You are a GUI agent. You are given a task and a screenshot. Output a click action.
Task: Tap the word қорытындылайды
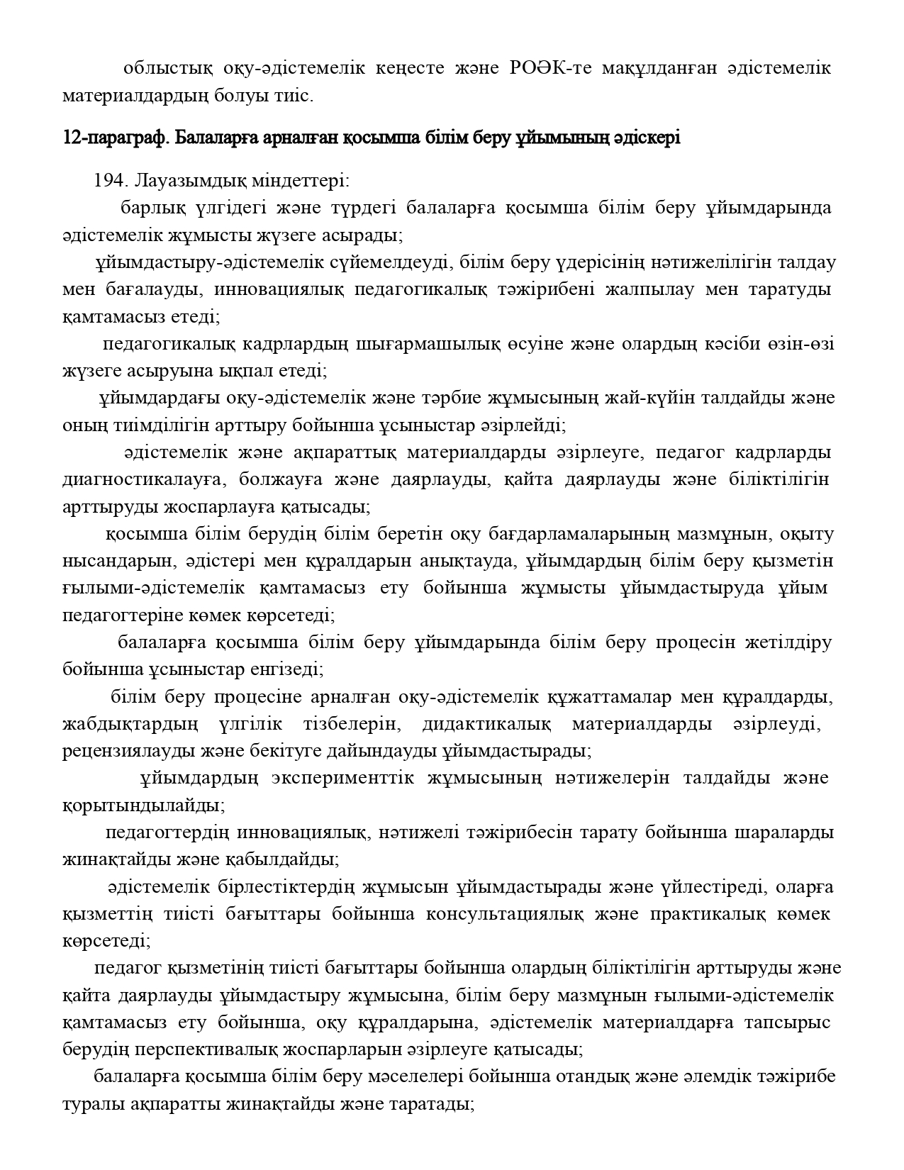(144, 806)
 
